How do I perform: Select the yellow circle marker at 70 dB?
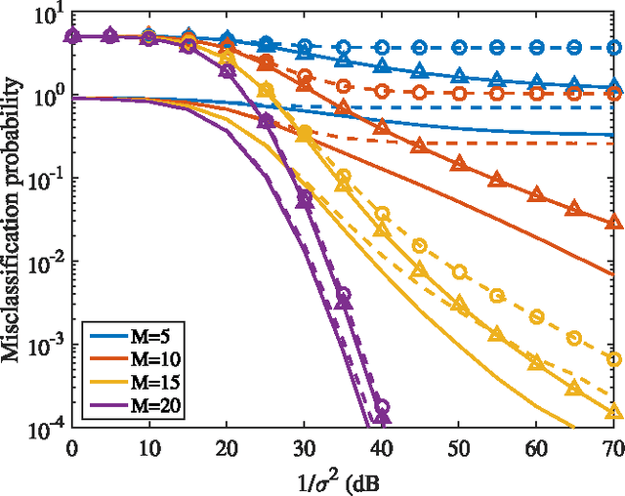pyautogui.click(x=612, y=359)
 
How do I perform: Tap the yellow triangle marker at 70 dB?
pyautogui.click(x=612, y=410)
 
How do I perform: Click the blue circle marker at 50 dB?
pyautogui.click(x=458, y=46)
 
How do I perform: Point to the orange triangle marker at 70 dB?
pyautogui.click(x=612, y=222)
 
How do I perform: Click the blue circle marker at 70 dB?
pyautogui.click(x=612, y=46)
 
